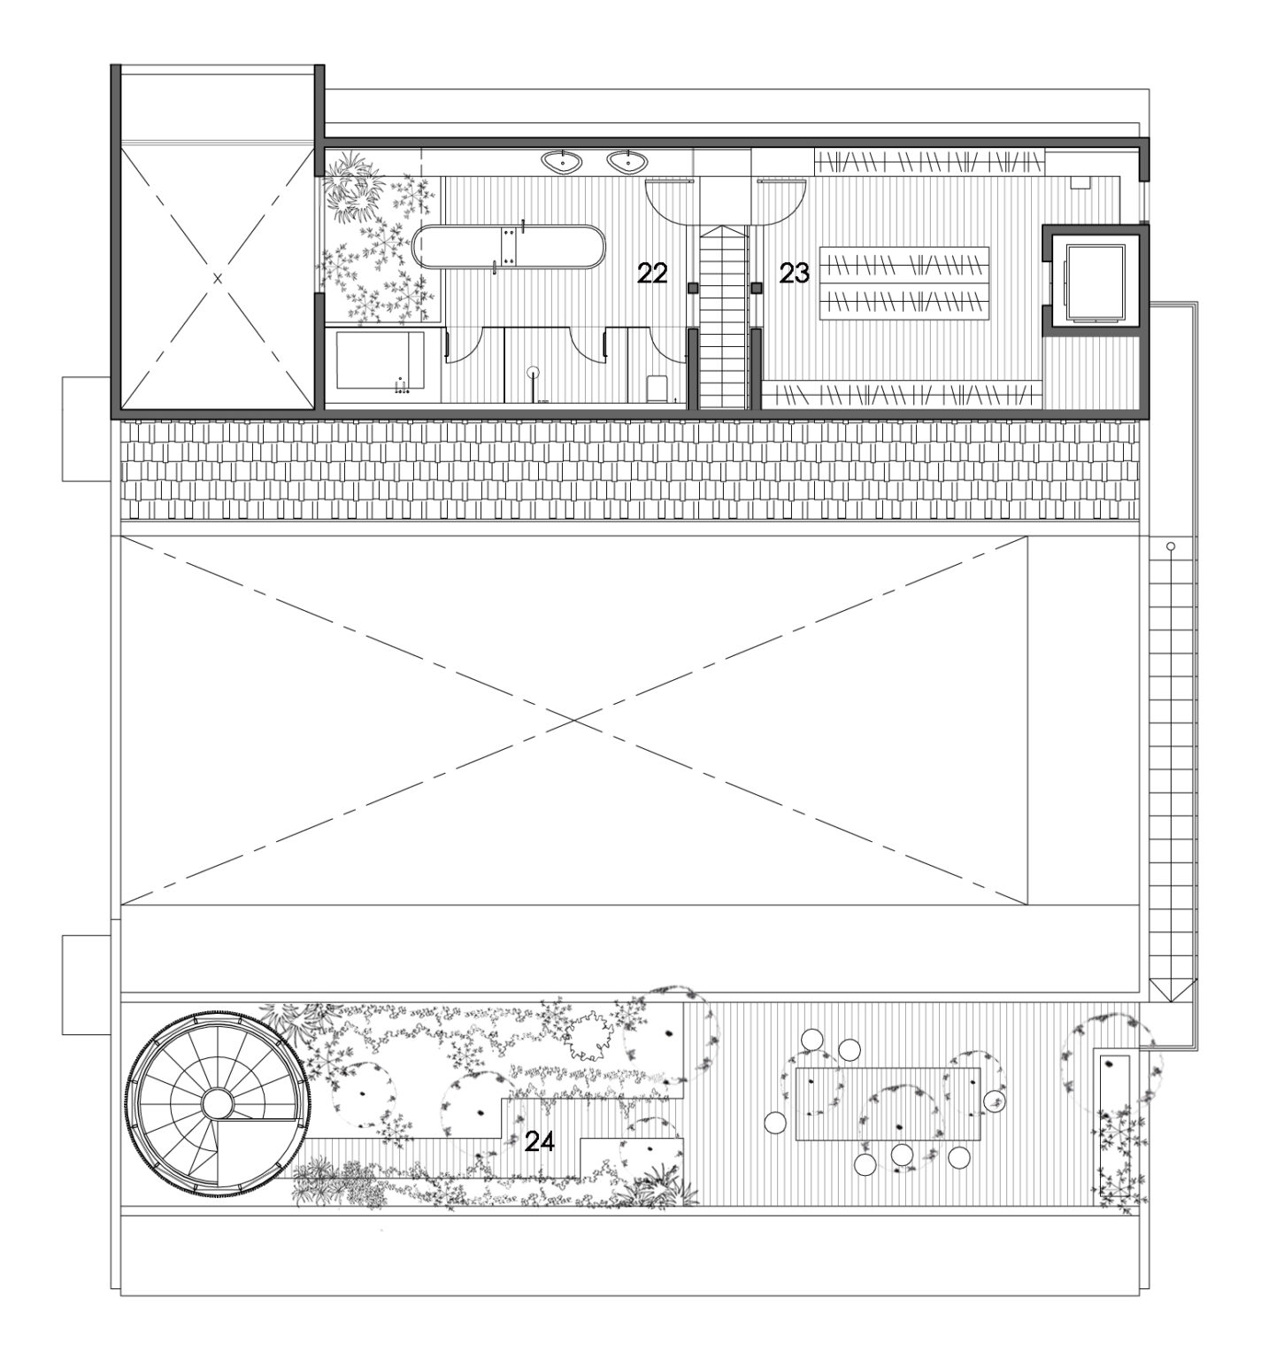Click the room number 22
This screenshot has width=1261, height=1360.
pos(651,274)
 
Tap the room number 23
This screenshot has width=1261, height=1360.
pos(794,274)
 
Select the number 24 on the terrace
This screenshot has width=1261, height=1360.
pos(539,1141)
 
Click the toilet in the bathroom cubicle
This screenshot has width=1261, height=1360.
pos(657,387)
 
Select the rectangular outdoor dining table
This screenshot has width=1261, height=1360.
pos(888,1103)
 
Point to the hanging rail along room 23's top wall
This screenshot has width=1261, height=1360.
pos(929,162)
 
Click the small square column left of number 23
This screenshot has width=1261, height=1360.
pos(757,288)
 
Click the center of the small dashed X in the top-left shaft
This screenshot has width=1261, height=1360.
pos(218,278)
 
